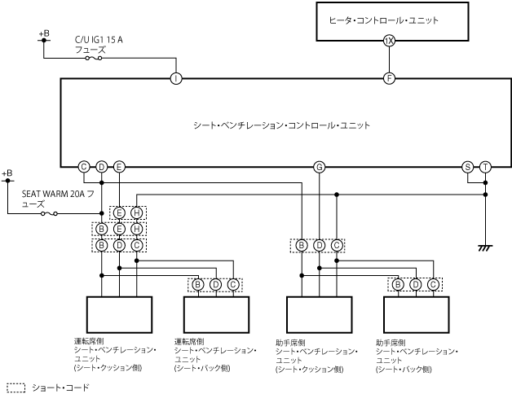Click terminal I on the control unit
pyautogui.click(x=176, y=79)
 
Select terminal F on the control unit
pyautogui.click(x=389, y=79)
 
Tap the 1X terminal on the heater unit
pyautogui.click(x=389, y=41)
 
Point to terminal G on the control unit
pyautogui.click(x=319, y=167)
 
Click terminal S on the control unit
pyautogui.click(x=468, y=167)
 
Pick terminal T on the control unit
pyautogui.click(x=485, y=167)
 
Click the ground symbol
pyautogui.click(x=485, y=247)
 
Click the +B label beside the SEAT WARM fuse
pyautogui.click(x=7, y=173)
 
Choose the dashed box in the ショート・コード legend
pyautogui.click(x=16, y=388)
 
